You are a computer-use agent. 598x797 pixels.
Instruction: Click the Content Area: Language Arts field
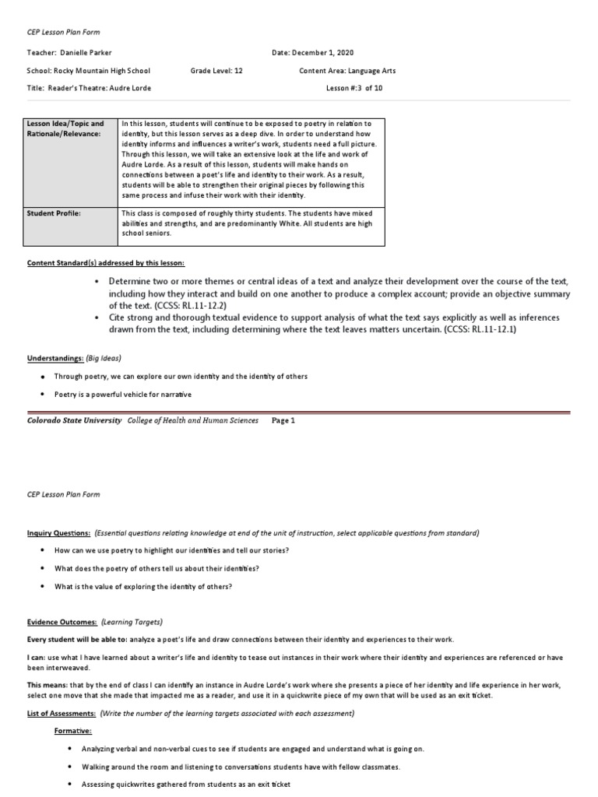347,70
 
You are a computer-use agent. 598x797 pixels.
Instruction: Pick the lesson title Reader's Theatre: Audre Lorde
89,88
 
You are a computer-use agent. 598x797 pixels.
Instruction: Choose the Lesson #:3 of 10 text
354,88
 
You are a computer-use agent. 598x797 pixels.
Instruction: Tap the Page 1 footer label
283,420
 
